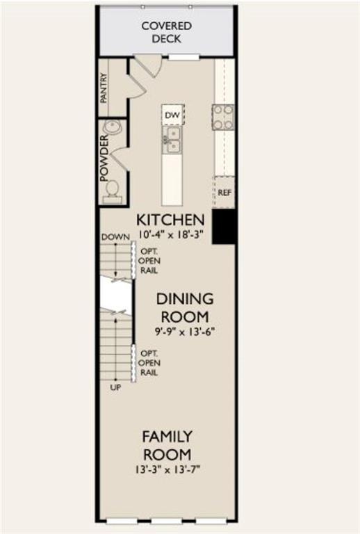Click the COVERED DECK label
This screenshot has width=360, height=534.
(x=166, y=33)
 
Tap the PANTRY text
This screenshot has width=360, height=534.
(x=104, y=88)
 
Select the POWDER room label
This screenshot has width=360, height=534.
(x=104, y=158)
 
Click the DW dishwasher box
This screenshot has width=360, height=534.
(x=172, y=115)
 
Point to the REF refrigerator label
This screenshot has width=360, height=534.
(x=224, y=193)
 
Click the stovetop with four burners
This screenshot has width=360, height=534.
(x=223, y=118)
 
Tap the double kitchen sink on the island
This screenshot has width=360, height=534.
(x=172, y=140)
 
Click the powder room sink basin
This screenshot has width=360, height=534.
(x=113, y=127)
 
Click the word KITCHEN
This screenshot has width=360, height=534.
(x=170, y=220)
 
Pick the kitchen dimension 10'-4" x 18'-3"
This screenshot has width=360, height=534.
(x=170, y=234)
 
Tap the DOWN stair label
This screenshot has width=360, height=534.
(x=115, y=236)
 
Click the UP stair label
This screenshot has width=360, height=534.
(x=115, y=387)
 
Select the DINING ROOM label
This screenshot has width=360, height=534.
(x=185, y=308)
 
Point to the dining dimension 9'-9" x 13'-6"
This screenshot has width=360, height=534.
(x=185, y=332)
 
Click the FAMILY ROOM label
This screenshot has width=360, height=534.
(x=167, y=446)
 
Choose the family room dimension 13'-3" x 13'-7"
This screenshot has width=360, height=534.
(x=167, y=469)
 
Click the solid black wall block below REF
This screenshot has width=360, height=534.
(x=224, y=227)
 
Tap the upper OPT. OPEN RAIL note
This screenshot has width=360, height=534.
(x=149, y=261)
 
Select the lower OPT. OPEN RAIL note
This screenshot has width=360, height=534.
(x=149, y=363)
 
